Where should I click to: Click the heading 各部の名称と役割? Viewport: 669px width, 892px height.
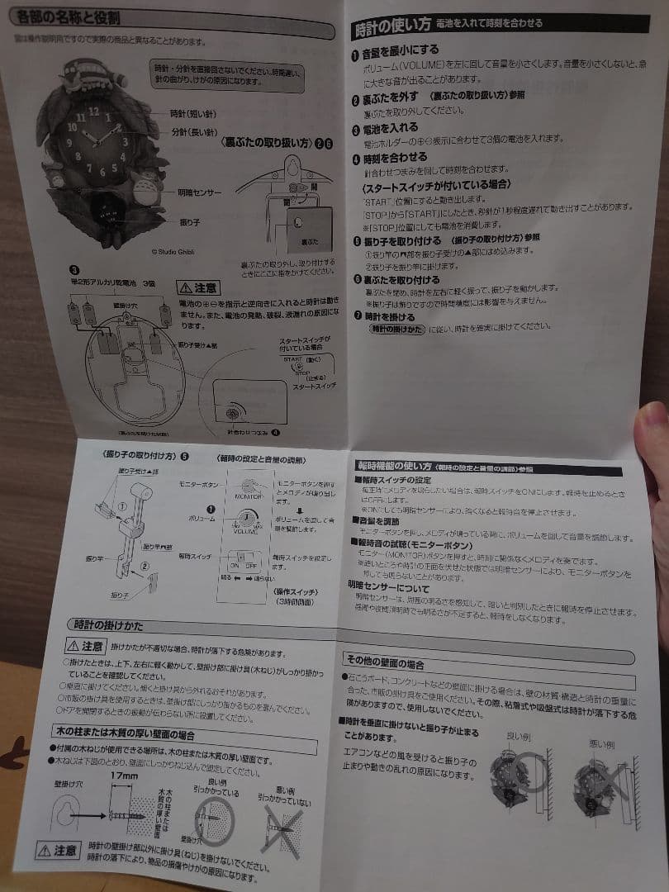(x=64, y=16)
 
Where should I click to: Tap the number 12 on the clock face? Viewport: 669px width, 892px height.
(x=93, y=110)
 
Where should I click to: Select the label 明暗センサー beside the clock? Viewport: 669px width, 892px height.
(x=199, y=192)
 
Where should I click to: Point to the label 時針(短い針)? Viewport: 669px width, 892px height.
(x=193, y=114)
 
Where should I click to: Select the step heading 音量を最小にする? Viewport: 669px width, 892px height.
(x=401, y=50)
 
